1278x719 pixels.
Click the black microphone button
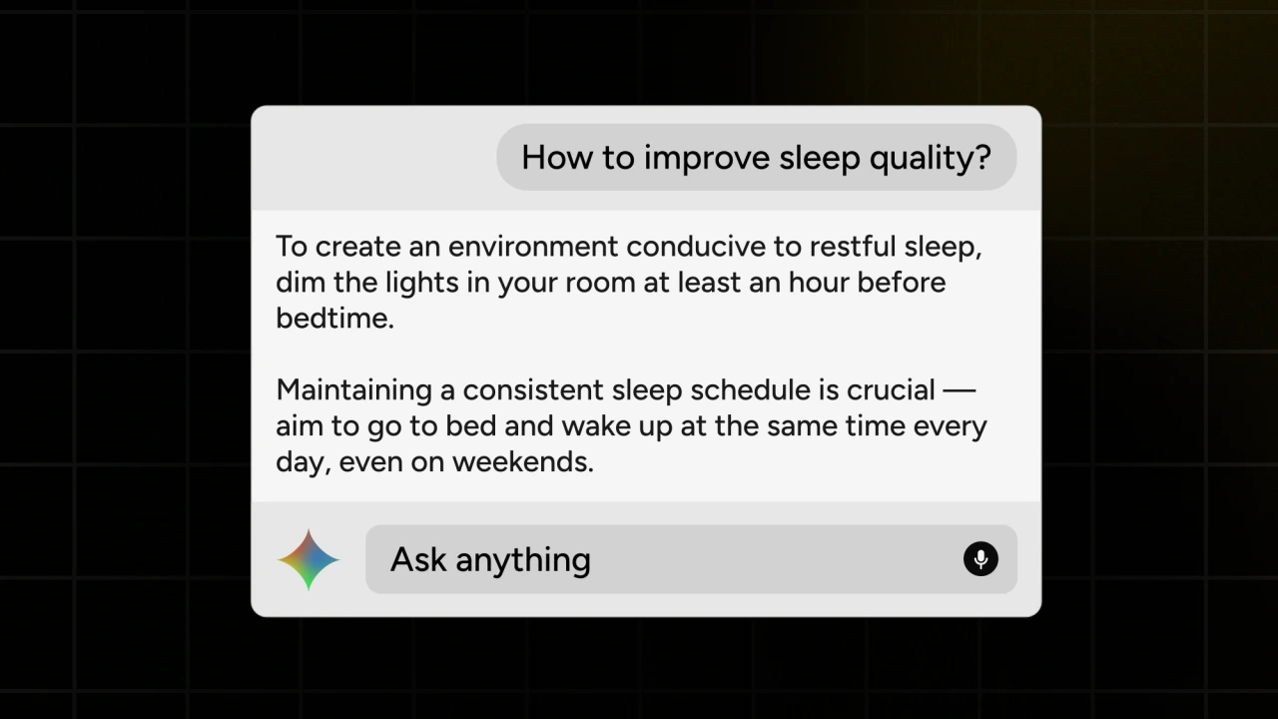click(980, 558)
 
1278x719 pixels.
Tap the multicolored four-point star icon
click(309, 559)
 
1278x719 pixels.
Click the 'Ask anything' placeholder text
click(490, 560)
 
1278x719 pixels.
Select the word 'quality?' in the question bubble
click(930, 159)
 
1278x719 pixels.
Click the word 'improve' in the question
click(707, 159)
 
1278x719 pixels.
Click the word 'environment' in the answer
click(533, 247)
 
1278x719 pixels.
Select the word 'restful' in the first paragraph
click(853, 247)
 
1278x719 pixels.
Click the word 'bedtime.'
click(334, 318)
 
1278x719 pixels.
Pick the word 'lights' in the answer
click(421, 284)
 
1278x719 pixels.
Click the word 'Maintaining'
click(353, 391)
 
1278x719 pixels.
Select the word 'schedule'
click(750, 390)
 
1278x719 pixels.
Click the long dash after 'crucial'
click(959, 390)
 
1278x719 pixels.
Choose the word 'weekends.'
click(523, 461)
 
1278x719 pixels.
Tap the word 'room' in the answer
click(600, 284)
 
